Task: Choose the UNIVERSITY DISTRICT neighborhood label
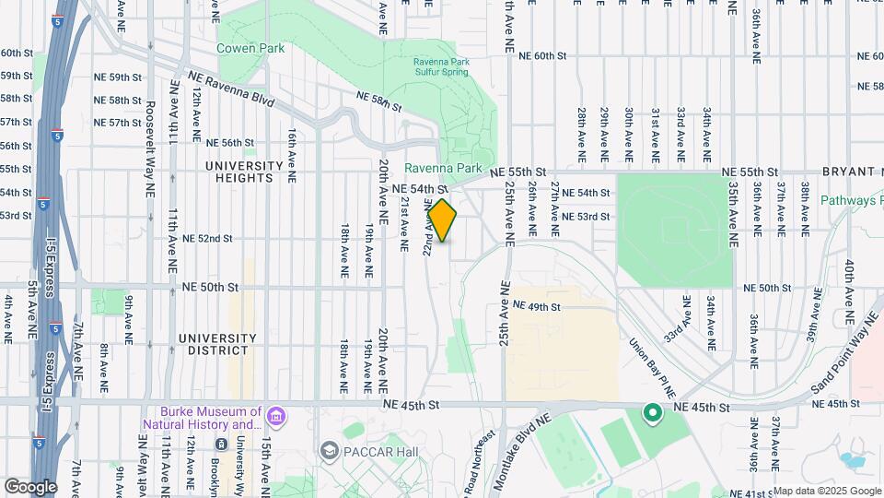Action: [213, 344]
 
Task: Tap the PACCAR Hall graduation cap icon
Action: [329, 450]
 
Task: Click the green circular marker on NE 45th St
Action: [653, 414]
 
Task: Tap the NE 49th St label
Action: [536, 305]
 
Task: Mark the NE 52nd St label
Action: [207, 238]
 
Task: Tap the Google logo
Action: [30, 486]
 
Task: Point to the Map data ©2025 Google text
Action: [826, 491]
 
